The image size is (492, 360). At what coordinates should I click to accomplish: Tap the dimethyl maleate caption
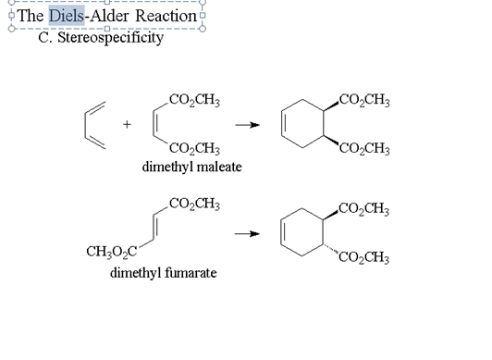191,167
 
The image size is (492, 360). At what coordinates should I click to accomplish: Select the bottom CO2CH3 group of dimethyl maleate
194,148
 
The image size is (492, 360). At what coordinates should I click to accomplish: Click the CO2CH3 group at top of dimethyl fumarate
194,203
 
